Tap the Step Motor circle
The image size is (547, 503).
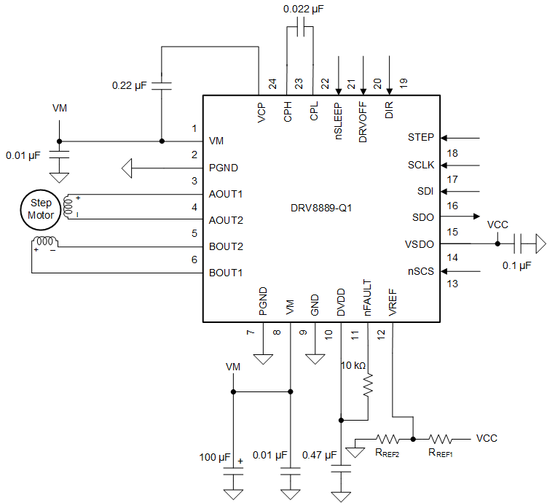pyautogui.click(x=41, y=208)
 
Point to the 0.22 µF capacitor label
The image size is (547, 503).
pyautogui.click(x=130, y=85)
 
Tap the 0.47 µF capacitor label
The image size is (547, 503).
pyautogui.click(x=318, y=456)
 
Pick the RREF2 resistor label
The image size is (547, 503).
pyautogui.click(x=387, y=453)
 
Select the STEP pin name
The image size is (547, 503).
pyautogui.click(x=421, y=137)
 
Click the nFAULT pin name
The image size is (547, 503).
pyautogui.click(x=368, y=298)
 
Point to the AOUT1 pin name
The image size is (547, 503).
pyautogui.click(x=226, y=194)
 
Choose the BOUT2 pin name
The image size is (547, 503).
pyautogui.click(x=226, y=246)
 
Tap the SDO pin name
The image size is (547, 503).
pyautogui.click(x=423, y=217)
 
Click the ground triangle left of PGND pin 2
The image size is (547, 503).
pyautogui.click(x=127, y=168)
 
